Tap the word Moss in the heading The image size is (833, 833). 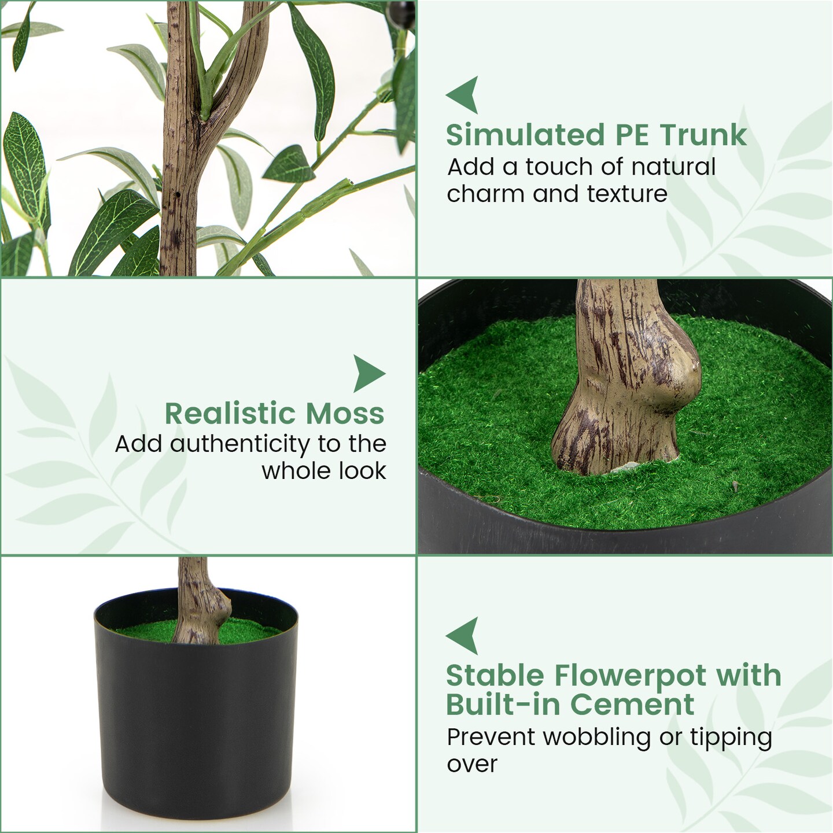[x=345, y=414]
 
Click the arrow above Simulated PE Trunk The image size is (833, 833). [x=463, y=94]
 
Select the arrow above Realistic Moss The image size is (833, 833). [x=368, y=373]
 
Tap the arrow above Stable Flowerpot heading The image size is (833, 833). [x=463, y=635]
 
